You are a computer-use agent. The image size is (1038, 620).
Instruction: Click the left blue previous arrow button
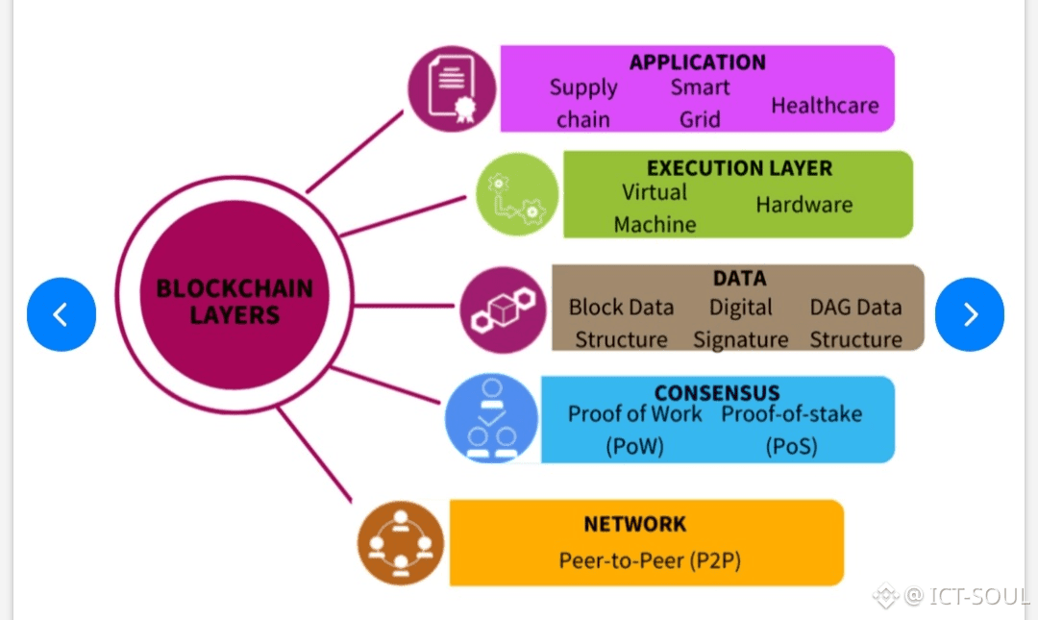pyautogui.click(x=62, y=314)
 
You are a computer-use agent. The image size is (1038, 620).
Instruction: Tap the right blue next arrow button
pyautogui.click(x=969, y=314)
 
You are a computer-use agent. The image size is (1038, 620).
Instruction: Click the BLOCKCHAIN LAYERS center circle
pyautogui.click(x=235, y=301)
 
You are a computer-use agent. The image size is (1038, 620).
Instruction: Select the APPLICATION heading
pyautogui.click(x=697, y=62)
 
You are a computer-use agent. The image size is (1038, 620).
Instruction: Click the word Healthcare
pyautogui.click(x=825, y=105)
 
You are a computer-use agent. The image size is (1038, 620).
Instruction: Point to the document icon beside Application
pyautogui.click(x=452, y=89)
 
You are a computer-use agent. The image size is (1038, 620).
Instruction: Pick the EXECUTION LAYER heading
pyautogui.click(x=739, y=168)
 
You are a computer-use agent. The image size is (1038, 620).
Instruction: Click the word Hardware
pyautogui.click(x=803, y=205)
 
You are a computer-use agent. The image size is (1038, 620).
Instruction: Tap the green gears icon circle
pyautogui.click(x=517, y=195)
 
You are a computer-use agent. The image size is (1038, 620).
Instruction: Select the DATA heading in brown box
pyautogui.click(x=739, y=279)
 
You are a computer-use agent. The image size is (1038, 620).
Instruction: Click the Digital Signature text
pyautogui.click(x=740, y=324)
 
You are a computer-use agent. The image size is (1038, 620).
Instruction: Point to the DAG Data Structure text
pyautogui.click(x=855, y=324)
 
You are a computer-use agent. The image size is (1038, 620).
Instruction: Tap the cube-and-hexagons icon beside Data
pyautogui.click(x=502, y=310)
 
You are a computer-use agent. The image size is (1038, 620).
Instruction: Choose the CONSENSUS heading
pyautogui.click(x=716, y=393)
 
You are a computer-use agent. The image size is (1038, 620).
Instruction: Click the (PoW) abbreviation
pyautogui.click(x=634, y=446)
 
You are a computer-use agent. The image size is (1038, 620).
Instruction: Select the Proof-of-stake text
pyautogui.click(x=791, y=414)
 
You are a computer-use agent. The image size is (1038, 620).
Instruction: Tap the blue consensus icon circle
pyautogui.click(x=491, y=419)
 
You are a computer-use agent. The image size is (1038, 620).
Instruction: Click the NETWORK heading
pyautogui.click(x=635, y=524)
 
